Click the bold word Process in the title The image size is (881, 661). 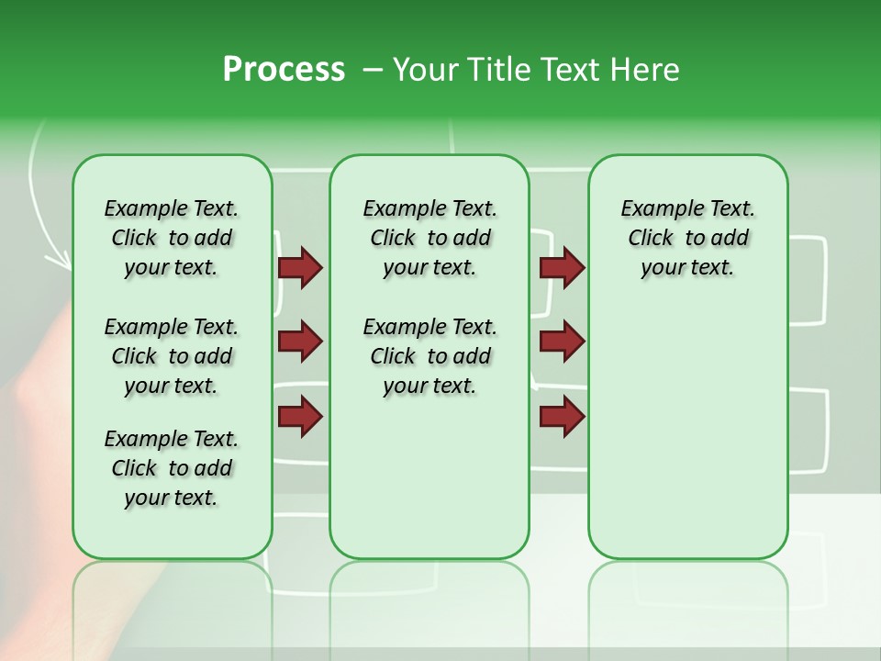(x=284, y=70)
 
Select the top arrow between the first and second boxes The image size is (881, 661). (x=300, y=268)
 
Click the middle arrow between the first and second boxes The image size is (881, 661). (x=300, y=342)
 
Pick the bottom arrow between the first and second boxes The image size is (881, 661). (x=300, y=416)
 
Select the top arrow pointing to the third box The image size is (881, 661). (x=562, y=268)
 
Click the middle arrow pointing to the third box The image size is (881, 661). (x=562, y=342)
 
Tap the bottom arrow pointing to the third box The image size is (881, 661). (x=562, y=416)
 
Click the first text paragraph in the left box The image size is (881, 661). (x=172, y=238)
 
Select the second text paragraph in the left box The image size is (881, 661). (x=172, y=356)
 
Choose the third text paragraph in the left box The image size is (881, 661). (x=172, y=468)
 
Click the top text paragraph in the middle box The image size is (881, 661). (x=429, y=238)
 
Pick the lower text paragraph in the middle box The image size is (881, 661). (x=429, y=356)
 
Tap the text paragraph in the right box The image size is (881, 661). (x=687, y=238)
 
